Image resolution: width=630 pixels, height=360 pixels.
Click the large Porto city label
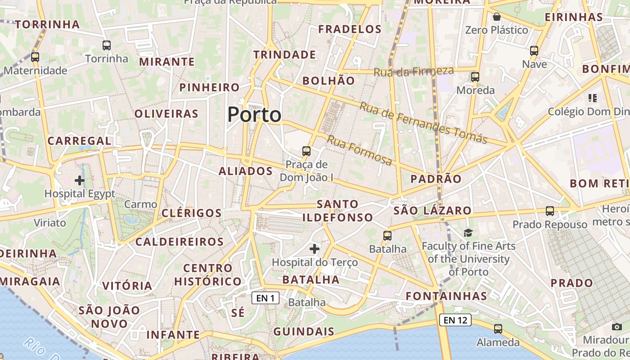pyautogui.click(x=254, y=115)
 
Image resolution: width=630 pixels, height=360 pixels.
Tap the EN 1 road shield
pyautogui.click(x=265, y=298)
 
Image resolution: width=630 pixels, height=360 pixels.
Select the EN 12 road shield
pyautogui.click(x=455, y=320)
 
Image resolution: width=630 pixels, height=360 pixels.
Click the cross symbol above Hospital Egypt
pyautogui.click(x=80, y=181)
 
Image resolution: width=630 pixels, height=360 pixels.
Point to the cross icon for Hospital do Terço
pyautogui.click(x=315, y=248)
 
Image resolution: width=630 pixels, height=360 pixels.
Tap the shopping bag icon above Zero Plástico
pyautogui.click(x=496, y=17)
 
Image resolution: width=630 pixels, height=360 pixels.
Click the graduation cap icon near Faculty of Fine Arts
pyautogui.click(x=468, y=233)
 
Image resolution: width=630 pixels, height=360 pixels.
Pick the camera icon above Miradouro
pyautogui.click(x=617, y=327)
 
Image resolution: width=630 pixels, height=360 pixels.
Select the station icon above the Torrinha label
pyautogui.click(x=107, y=45)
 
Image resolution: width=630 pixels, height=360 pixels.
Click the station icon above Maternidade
pyautogui.click(x=35, y=57)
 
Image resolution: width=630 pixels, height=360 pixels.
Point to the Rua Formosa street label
pyautogui.click(x=359, y=150)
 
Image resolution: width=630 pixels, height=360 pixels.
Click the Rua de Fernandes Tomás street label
pyautogui.click(x=423, y=122)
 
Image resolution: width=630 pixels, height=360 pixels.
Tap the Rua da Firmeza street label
pyautogui.click(x=414, y=71)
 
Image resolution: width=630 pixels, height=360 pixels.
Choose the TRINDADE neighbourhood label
pyautogui.click(x=284, y=55)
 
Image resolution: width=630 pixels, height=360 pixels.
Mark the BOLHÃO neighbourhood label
pyautogui.click(x=328, y=81)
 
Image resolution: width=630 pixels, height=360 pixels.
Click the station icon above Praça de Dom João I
pyautogui.click(x=306, y=151)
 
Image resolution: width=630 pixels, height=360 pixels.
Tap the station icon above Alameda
pyautogui.click(x=498, y=329)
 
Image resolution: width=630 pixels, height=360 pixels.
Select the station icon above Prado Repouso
pyautogui.click(x=549, y=211)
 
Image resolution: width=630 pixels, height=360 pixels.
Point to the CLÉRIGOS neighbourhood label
pyautogui.click(x=192, y=213)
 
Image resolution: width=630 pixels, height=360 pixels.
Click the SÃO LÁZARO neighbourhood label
pyautogui.click(x=432, y=210)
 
